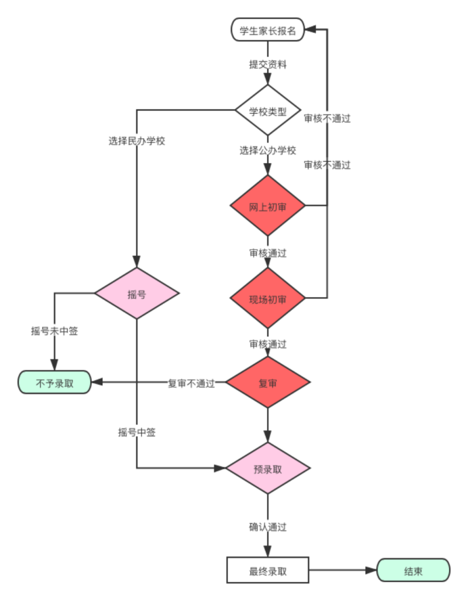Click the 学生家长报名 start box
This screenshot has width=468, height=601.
point(268,30)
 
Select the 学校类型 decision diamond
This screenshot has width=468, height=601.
point(268,111)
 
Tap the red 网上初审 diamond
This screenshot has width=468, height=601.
point(268,206)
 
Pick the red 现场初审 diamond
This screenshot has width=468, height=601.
point(268,299)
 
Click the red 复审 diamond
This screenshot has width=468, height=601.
point(268,383)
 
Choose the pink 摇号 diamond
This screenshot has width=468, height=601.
point(136,293)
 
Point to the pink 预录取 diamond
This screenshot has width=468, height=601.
point(268,468)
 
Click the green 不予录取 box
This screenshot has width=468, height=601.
point(54,383)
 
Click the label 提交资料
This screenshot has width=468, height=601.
point(268,65)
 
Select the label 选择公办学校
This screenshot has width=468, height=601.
point(268,150)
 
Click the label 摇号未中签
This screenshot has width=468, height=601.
point(54,331)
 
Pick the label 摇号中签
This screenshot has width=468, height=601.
point(136,432)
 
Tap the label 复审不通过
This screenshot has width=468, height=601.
point(191,384)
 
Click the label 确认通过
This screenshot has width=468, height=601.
point(268,527)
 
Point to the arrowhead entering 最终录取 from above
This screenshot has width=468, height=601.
point(268,552)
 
